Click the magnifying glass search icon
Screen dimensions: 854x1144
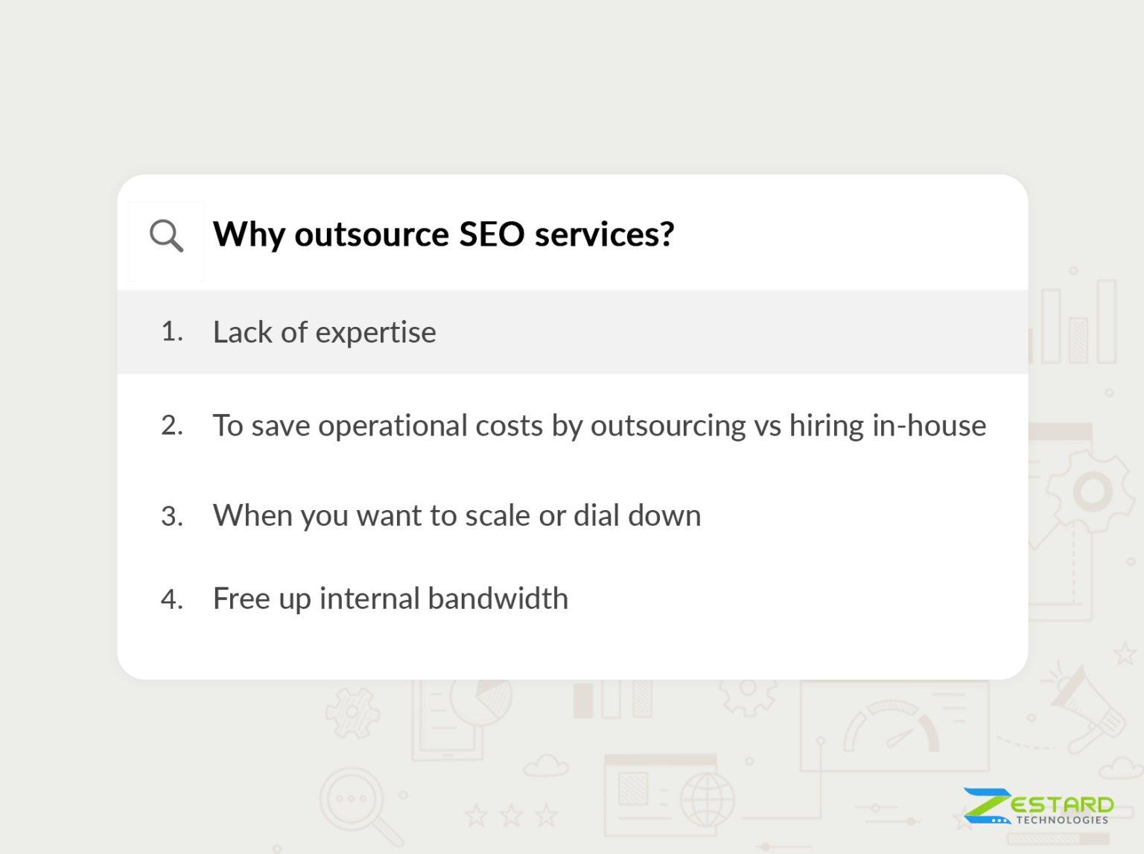(x=166, y=236)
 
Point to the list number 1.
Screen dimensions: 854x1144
(x=171, y=331)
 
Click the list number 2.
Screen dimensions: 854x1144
(x=171, y=425)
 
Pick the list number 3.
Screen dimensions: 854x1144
(x=171, y=516)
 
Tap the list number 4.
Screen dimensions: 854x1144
(x=171, y=599)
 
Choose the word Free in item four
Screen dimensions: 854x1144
(x=241, y=599)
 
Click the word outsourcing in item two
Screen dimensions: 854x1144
(x=668, y=427)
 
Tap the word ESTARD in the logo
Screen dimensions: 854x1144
(x=1062, y=805)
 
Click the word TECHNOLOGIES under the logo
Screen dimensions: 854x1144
(x=1062, y=820)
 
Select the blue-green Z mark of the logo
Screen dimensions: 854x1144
(x=987, y=806)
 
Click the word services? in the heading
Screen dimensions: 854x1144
(x=604, y=235)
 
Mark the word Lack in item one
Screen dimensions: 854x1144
(x=243, y=332)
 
